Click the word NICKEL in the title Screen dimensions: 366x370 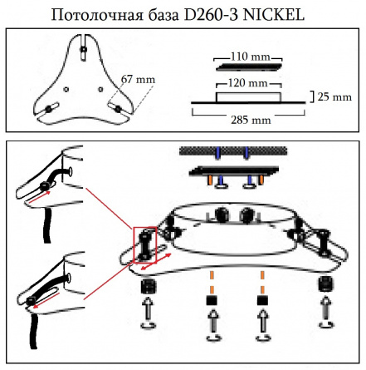pos(274,15)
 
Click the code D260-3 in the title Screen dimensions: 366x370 pos(211,15)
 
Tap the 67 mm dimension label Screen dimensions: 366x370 pos(138,80)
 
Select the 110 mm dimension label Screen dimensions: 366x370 pos(251,57)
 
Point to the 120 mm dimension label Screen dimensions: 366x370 pos(247,83)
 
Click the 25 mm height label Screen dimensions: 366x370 pos(334,97)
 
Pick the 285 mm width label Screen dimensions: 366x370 pos(251,120)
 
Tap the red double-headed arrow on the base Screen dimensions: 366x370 pos(156,261)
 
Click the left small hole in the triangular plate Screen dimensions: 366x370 pos(66,89)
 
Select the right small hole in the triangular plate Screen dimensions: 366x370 pos(100,89)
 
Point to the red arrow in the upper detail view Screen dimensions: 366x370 pos(39,196)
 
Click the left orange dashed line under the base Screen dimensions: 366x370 pos(212,282)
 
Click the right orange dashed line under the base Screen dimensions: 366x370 pos(262,282)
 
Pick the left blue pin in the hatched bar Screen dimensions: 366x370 pos(218,153)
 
